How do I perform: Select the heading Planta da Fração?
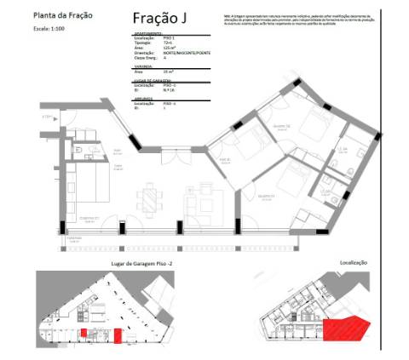(x=63, y=15)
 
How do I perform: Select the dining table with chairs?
(x=150, y=201)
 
